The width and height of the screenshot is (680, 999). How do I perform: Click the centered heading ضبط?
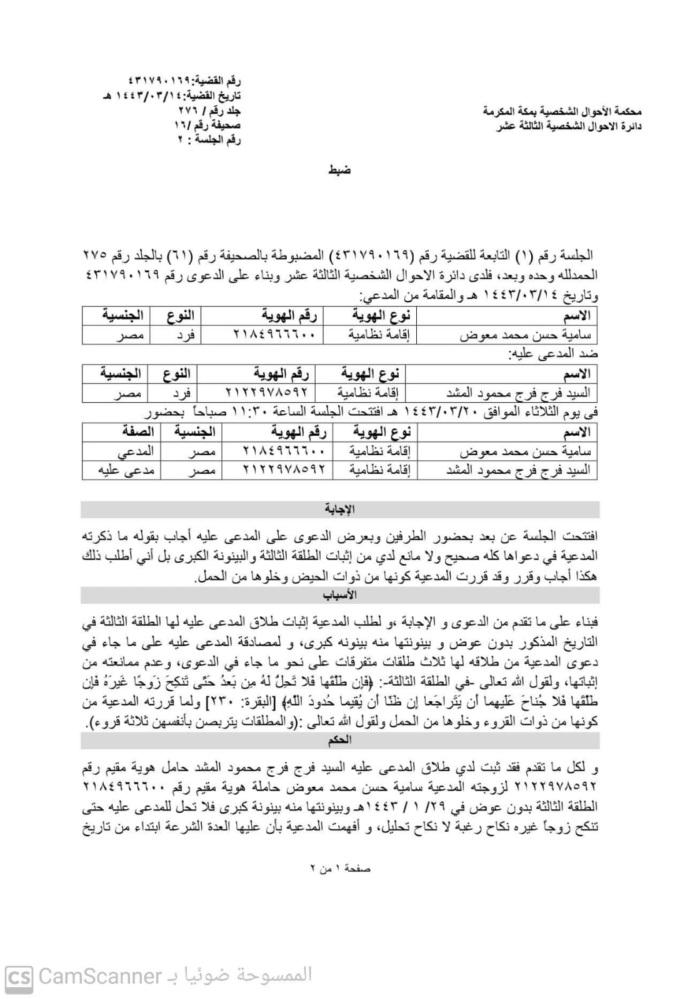(339, 170)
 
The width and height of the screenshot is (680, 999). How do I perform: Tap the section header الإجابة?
(339, 509)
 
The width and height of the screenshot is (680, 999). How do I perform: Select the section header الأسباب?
(339, 595)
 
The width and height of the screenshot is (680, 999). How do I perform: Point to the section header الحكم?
(339, 740)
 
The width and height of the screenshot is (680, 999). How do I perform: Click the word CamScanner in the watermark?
(100, 976)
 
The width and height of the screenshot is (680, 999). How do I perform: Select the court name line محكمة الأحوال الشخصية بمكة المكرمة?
(562, 112)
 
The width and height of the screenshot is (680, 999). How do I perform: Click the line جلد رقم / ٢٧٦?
(209, 111)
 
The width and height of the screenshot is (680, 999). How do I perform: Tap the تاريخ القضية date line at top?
(171, 97)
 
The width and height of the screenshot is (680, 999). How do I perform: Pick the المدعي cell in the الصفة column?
(136, 451)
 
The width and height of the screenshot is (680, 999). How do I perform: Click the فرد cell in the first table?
(186, 335)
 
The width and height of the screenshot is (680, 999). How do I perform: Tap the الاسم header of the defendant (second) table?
(576, 374)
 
